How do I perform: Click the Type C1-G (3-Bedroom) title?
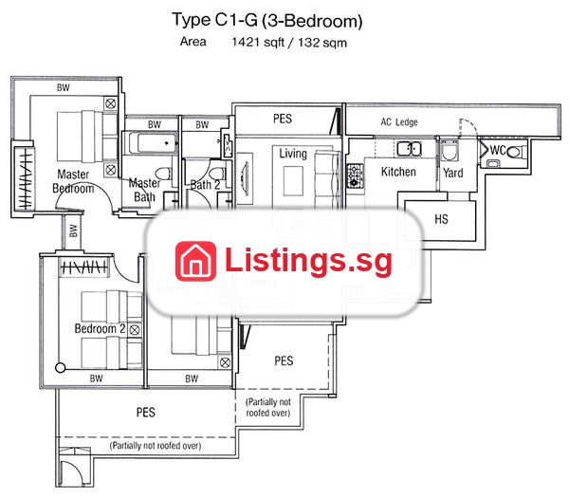[x=267, y=20]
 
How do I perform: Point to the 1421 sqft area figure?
[x=258, y=42]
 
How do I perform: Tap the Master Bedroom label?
[x=73, y=181]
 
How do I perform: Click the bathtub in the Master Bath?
[x=151, y=143]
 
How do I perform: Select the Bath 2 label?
[x=205, y=185]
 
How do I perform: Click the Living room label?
[x=293, y=154]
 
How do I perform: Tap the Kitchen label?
[x=398, y=172]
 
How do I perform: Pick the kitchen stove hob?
[x=355, y=175]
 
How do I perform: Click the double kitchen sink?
[x=409, y=149]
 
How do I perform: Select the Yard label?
[x=453, y=173]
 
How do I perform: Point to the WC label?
[x=498, y=150]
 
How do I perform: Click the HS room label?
[x=441, y=219]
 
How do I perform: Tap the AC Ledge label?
[x=399, y=122]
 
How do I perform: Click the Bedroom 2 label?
[x=100, y=328]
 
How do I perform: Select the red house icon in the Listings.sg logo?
[x=195, y=261]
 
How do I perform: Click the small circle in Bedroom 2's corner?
[x=61, y=368]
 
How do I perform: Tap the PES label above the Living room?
[x=283, y=119]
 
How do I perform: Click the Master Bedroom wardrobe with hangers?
[x=25, y=178]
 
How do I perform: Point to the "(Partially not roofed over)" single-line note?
[x=156, y=446]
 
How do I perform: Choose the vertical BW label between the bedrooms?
[x=73, y=231]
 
